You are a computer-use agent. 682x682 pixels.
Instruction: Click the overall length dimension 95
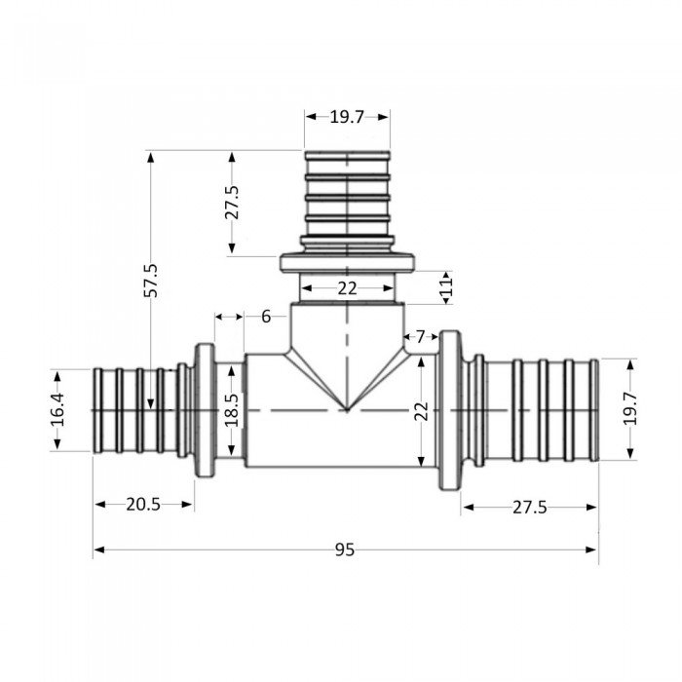pos(343,549)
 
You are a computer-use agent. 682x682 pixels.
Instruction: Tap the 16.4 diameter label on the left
pos(57,411)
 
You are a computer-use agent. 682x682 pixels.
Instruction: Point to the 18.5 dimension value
pos(231,411)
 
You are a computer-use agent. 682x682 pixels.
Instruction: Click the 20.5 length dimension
pos(142,504)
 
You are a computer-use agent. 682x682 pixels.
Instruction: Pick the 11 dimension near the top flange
pos(447,285)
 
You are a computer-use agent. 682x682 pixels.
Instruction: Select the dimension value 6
pos(266,316)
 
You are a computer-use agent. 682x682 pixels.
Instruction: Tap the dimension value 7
pos(420,337)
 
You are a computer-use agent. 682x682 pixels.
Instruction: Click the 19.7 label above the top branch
pos(347,117)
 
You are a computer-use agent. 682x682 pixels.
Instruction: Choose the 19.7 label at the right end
pos(630,409)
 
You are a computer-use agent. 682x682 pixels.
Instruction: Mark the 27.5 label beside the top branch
pos(232,203)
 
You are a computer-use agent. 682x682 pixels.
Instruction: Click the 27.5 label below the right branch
pos(529,507)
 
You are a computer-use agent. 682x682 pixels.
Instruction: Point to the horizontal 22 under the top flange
pos(347,288)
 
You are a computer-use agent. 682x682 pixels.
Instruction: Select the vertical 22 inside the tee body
pos(420,411)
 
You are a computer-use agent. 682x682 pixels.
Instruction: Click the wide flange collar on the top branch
pos(348,263)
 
